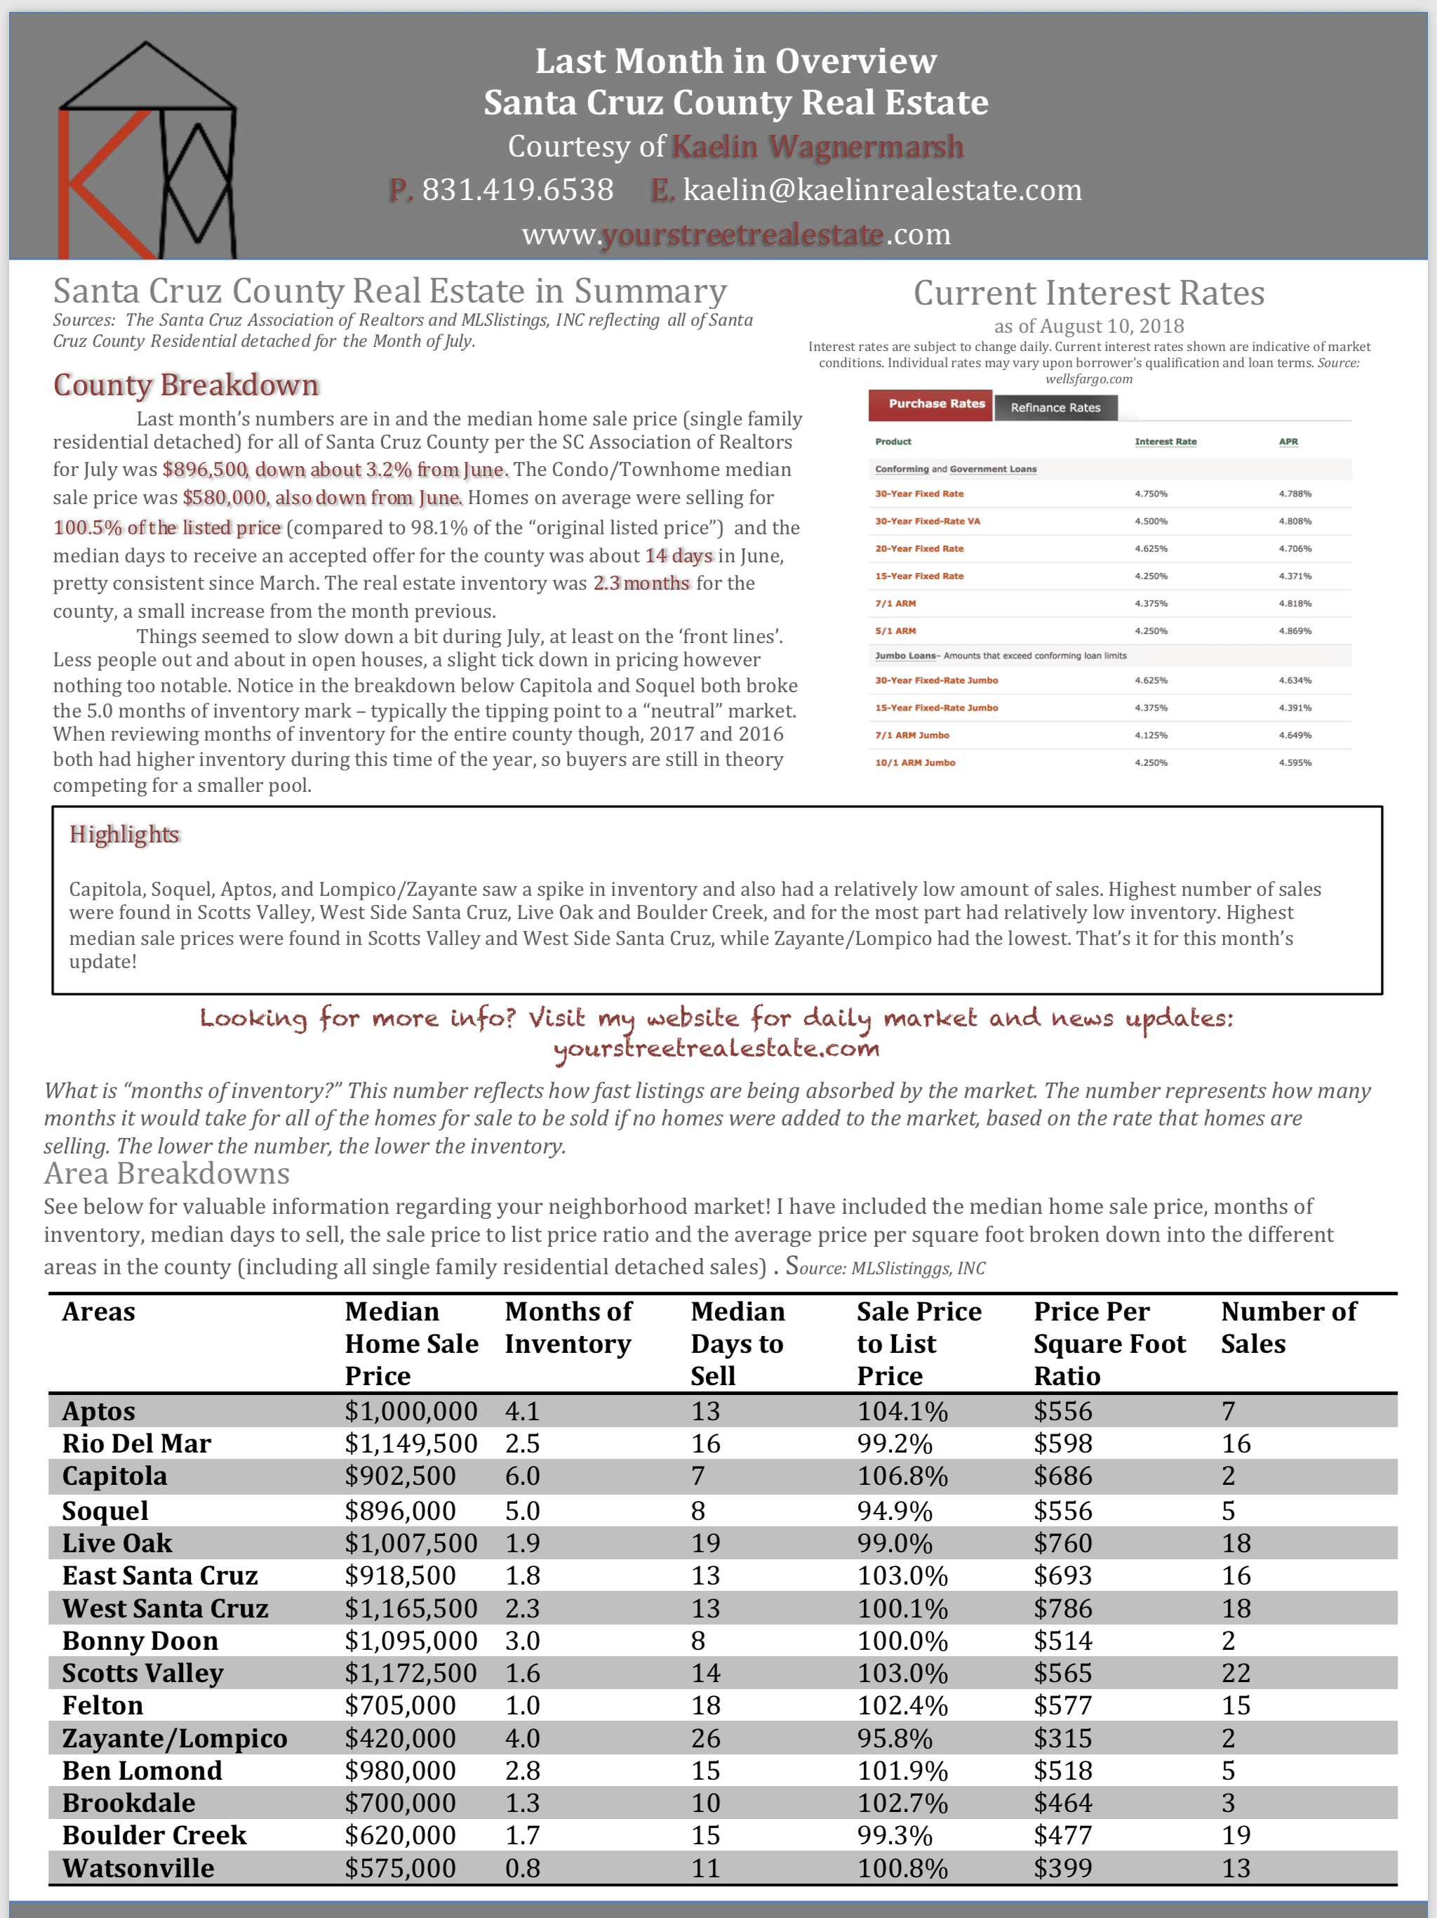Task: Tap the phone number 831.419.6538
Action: coord(516,190)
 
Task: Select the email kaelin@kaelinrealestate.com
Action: coord(881,190)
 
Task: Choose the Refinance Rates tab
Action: coord(1055,407)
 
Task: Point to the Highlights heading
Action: coord(124,834)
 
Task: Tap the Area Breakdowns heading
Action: coord(166,1173)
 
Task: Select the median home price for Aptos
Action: coord(410,1410)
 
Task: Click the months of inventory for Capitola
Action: coord(523,1476)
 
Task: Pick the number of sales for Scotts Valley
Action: coord(1236,1672)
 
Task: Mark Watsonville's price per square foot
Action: coord(1062,1867)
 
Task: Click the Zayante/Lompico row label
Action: coord(174,1738)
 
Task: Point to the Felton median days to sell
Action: coord(705,1705)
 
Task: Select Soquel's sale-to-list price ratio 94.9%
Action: coord(895,1512)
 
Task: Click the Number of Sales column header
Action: coord(1288,1328)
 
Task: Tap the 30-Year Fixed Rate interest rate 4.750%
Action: coord(1151,494)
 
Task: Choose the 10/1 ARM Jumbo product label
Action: coord(914,763)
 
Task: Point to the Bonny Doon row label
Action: coord(140,1641)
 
